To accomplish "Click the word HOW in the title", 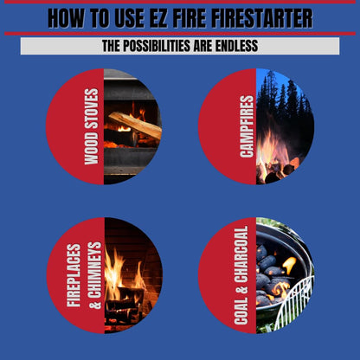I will click(x=68, y=17).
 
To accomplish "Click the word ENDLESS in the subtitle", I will click(x=232, y=46).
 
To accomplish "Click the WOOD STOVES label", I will click(x=90, y=126).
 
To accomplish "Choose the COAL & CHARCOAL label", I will click(x=243, y=275).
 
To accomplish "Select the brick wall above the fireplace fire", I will click(x=130, y=238).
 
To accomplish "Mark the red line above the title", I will click(x=180, y=3).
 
